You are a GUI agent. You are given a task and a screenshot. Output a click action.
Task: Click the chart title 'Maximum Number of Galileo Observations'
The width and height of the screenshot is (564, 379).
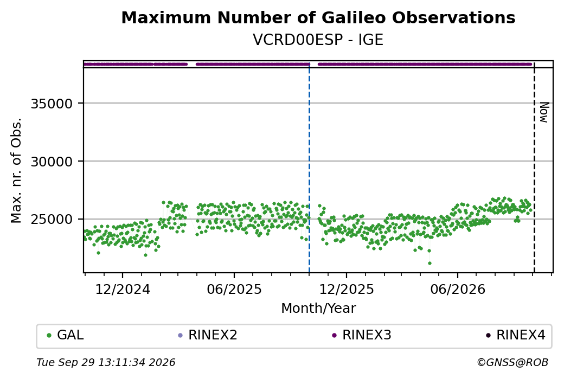point(318,17)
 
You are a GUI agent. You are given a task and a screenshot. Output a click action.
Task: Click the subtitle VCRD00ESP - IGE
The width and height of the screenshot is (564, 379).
point(318,40)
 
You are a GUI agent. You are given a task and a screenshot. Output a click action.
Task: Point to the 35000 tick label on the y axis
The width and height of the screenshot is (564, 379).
point(52,104)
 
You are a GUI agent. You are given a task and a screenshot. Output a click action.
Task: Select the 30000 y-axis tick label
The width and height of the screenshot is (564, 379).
point(52,162)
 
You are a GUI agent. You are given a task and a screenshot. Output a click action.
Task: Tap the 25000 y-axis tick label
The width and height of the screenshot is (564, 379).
point(52,220)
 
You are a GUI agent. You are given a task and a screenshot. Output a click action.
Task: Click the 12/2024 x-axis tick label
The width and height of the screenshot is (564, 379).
point(123,289)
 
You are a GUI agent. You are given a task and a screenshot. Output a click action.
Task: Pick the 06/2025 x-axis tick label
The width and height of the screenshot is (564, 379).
point(234,289)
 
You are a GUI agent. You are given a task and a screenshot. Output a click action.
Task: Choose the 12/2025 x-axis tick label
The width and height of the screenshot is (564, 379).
point(347,289)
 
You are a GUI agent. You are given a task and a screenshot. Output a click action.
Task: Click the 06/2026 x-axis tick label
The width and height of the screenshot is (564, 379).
point(458,289)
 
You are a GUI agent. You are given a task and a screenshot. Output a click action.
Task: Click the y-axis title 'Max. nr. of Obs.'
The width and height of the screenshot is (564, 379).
point(16,170)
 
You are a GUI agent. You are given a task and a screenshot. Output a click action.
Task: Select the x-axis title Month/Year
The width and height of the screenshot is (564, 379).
point(318,308)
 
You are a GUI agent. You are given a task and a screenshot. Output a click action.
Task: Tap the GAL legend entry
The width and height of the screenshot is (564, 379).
point(65,335)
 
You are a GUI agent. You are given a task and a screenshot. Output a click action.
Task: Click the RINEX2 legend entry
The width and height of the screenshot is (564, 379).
point(208,335)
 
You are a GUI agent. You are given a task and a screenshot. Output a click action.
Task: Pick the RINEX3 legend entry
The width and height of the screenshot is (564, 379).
point(362,335)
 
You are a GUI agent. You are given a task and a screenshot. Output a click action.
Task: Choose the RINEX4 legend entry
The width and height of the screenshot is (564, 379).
point(515,335)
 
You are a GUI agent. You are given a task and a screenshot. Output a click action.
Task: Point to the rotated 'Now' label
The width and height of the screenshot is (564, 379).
point(544,113)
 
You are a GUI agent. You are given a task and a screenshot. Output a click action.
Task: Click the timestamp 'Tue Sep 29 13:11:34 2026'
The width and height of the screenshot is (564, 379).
point(106,362)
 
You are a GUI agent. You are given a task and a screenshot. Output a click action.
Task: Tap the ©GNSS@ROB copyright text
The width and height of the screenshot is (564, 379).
point(512,362)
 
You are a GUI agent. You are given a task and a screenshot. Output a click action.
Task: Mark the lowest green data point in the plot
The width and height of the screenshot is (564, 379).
point(430,263)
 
